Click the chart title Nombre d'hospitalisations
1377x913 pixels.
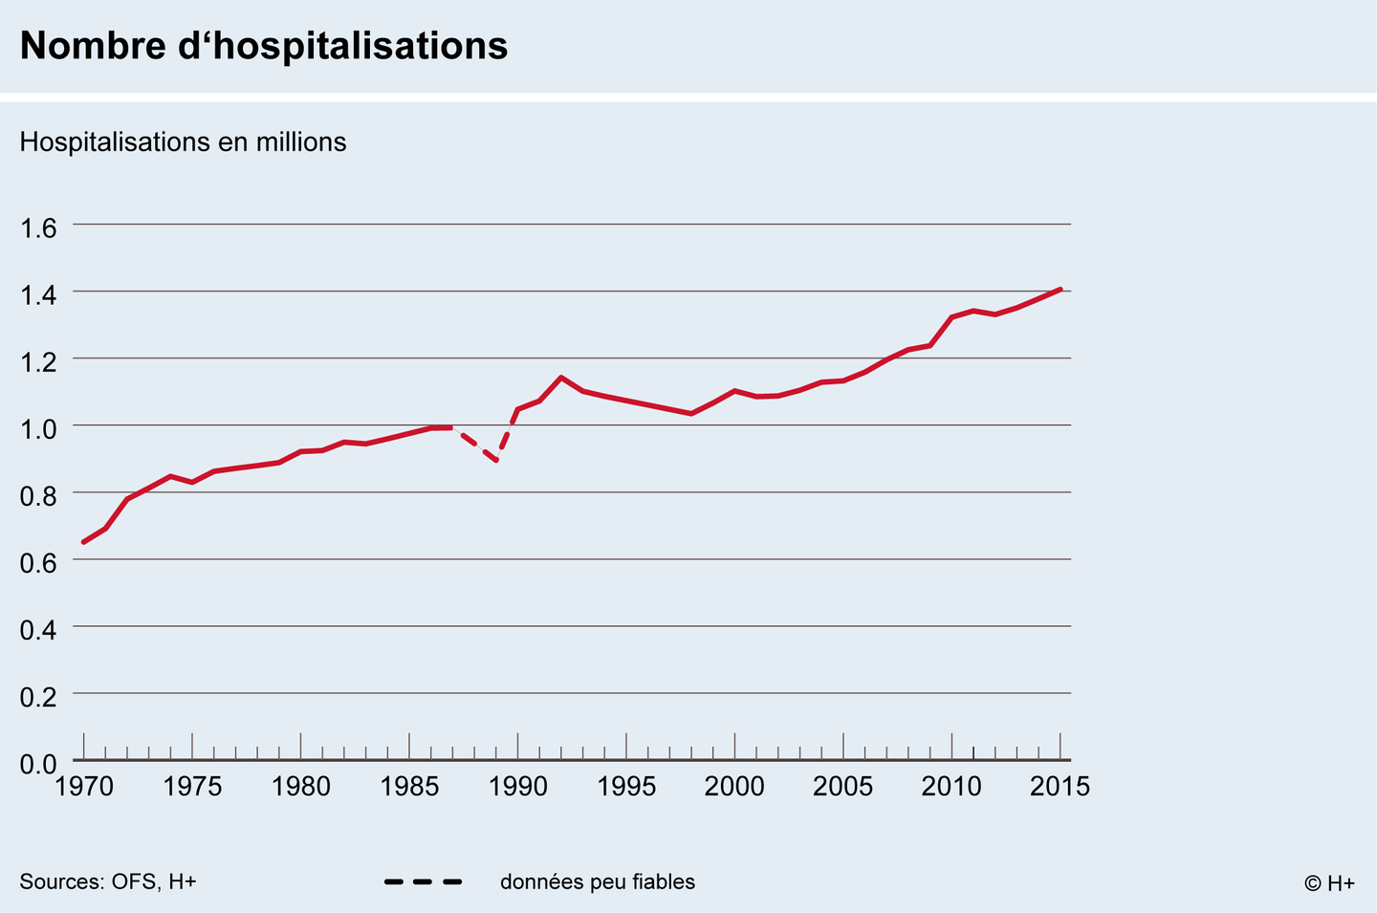pos(264,46)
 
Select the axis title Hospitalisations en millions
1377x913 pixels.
pos(183,142)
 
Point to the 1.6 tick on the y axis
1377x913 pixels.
pos(38,228)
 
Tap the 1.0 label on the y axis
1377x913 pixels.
pos(38,427)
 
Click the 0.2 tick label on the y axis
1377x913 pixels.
pos(38,696)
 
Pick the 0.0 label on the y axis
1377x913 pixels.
pos(38,763)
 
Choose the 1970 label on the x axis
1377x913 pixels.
pos(84,787)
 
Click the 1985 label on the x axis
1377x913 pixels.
pos(409,787)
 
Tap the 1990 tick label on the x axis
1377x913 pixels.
pos(517,787)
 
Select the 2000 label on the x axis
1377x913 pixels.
pos(734,787)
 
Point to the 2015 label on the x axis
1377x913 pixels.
pos(1060,787)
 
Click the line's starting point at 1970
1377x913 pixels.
pos(84,542)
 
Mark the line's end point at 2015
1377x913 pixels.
pos(1060,289)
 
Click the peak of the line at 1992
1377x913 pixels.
pos(560,377)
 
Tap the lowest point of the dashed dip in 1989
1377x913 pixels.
pos(496,461)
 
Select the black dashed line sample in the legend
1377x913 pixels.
pos(423,881)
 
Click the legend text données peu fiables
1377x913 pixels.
pos(597,881)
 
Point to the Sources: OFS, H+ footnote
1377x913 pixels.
pos(108,881)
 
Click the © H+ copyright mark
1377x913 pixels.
pos(1329,883)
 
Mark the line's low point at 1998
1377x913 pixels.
pos(690,413)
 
